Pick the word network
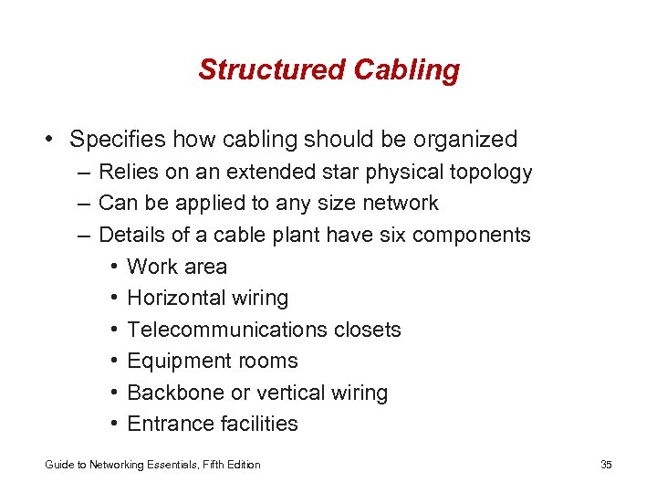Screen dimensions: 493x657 click(400, 203)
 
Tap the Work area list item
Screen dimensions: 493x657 click(177, 267)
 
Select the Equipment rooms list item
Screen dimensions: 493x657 click(213, 361)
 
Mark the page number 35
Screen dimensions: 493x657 click(606, 465)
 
